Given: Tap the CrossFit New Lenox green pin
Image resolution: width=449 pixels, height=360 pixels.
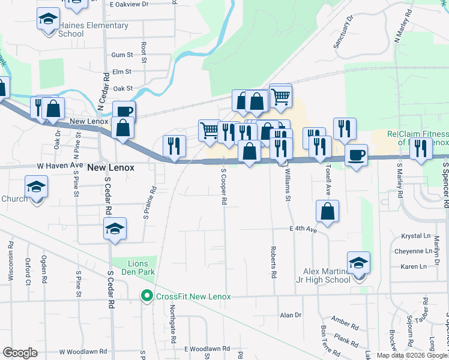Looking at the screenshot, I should [x=146, y=296].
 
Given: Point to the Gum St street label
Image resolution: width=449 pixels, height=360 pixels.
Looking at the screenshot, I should [x=122, y=55].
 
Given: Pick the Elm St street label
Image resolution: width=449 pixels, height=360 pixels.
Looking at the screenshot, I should [x=122, y=71].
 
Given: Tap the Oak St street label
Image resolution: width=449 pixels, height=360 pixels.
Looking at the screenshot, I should [x=122, y=88].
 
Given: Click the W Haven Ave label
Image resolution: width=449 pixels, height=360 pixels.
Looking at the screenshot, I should [x=59, y=164].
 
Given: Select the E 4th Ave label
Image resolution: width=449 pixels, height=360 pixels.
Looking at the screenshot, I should [x=303, y=229].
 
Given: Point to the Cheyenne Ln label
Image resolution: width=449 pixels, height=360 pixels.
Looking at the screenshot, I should [x=414, y=251].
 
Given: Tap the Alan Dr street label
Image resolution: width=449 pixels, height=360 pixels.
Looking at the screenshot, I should [x=290, y=314].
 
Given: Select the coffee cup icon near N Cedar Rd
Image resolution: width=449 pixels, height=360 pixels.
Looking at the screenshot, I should [x=124, y=111].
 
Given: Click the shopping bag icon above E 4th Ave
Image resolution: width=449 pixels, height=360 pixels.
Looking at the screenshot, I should [x=327, y=211].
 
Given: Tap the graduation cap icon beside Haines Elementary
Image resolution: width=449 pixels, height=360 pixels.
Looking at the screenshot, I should [x=47, y=20].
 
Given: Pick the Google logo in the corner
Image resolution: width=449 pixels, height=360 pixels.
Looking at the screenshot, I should [x=20, y=353].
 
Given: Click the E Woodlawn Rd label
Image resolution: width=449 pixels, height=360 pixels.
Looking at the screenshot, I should [x=203, y=349].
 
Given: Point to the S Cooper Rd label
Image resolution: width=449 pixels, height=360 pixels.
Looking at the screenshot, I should [x=223, y=186].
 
